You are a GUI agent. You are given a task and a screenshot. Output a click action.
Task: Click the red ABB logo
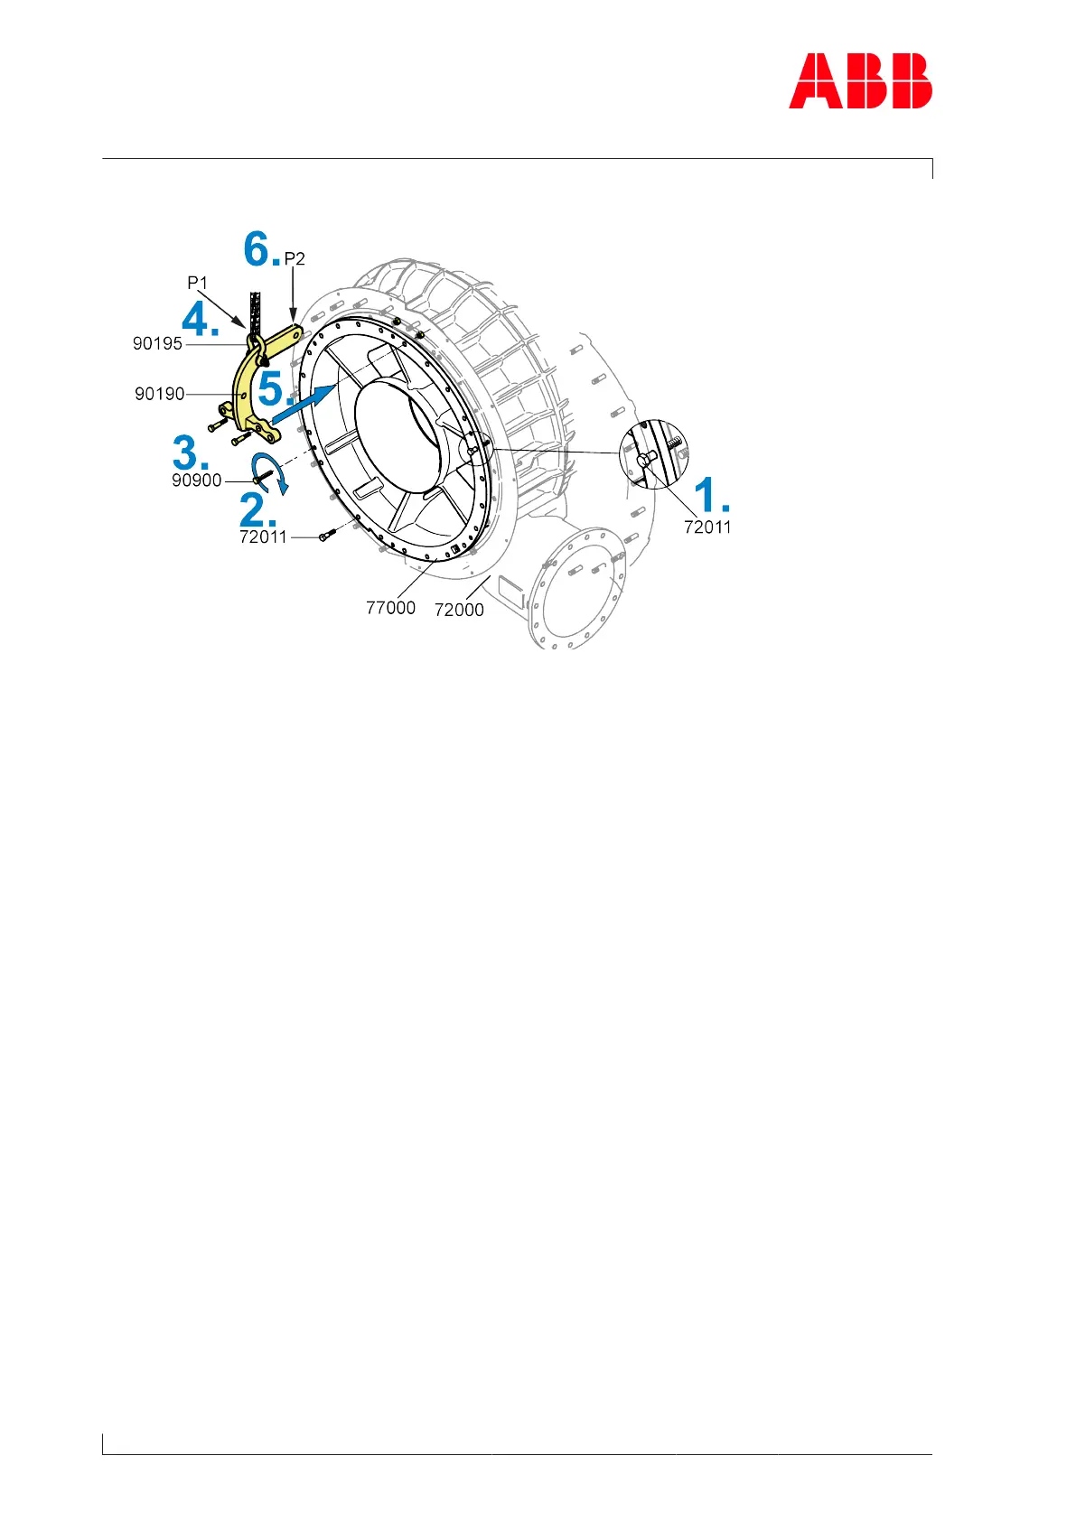click(x=860, y=81)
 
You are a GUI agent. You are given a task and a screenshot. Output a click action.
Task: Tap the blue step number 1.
click(x=710, y=495)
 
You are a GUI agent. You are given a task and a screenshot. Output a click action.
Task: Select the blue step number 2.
click(x=257, y=511)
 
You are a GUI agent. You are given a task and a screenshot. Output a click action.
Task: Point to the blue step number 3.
click(x=190, y=452)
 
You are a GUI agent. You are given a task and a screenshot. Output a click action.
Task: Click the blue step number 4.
click(x=201, y=319)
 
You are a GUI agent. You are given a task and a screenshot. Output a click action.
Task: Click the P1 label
click(x=197, y=283)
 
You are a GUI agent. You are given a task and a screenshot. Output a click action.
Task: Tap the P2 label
click(x=295, y=258)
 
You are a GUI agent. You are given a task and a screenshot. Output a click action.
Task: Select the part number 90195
click(x=157, y=343)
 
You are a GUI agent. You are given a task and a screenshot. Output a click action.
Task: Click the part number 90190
click(x=159, y=394)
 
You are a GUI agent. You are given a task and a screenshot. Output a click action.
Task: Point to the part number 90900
click(x=196, y=481)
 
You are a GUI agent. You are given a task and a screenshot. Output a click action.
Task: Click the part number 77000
click(x=390, y=608)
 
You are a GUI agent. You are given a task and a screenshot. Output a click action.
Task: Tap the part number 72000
click(x=459, y=610)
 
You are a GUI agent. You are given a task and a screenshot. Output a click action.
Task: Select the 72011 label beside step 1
click(x=707, y=527)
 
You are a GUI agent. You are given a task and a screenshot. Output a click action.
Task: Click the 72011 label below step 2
click(x=263, y=537)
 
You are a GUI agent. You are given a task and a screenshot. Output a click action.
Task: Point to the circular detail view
click(x=653, y=453)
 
